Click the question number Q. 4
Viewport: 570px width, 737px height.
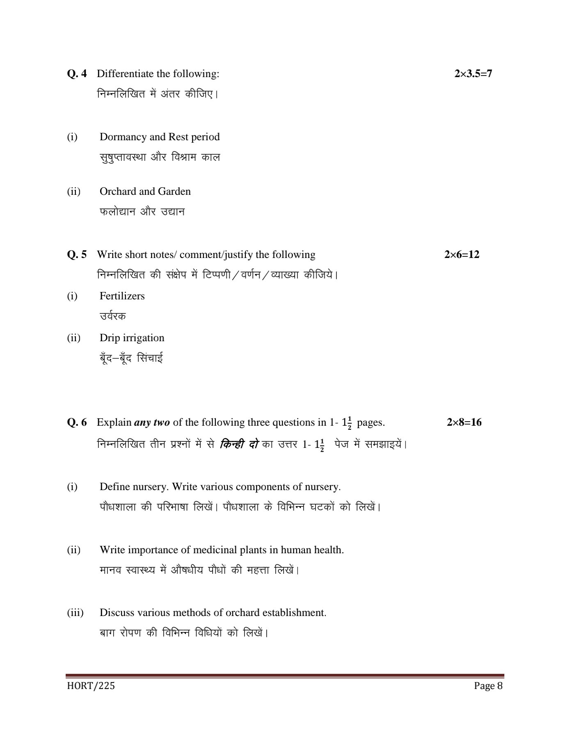pos(77,74)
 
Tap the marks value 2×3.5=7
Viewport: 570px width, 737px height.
pos(473,74)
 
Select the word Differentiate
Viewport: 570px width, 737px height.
pos(124,74)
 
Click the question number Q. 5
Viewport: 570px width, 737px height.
pos(77,255)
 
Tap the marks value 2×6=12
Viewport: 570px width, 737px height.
pos(462,255)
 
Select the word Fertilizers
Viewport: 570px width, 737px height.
pos(122,296)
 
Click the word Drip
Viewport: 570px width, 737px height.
pos(109,338)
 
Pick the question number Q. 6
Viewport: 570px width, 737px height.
pos(77,422)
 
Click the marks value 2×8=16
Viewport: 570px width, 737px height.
pos(464,422)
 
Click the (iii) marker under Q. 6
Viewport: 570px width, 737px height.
pos(75,613)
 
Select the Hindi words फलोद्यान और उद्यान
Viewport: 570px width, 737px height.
pos(142,212)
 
